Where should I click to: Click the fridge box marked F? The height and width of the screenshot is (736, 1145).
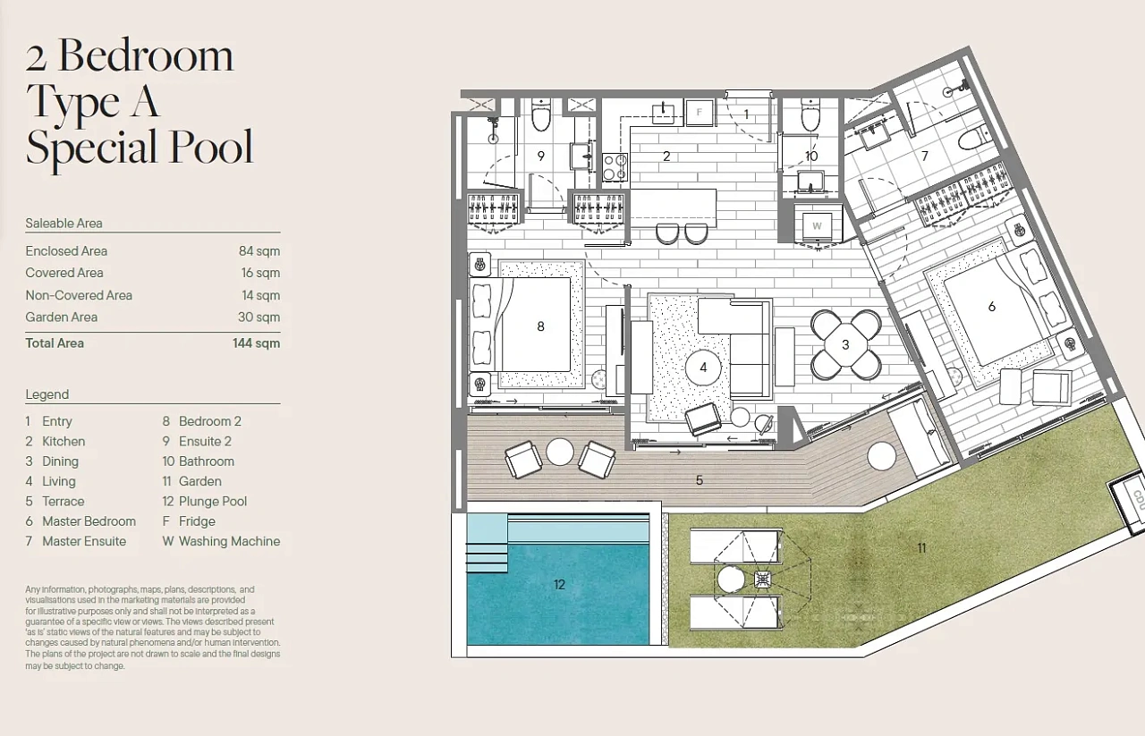pos(700,113)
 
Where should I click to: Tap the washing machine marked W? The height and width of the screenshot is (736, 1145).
pos(817,226)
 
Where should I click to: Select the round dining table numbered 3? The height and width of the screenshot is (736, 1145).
pos(845,344)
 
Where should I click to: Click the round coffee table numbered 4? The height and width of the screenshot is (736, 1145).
pos(703,367)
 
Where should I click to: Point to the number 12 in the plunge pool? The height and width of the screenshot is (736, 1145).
pos(559,584)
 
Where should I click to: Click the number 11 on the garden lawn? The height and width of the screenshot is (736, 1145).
pos(921,548)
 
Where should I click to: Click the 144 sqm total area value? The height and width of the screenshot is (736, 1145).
pos(256,343)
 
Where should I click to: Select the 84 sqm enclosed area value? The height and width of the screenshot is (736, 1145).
pos(259,251)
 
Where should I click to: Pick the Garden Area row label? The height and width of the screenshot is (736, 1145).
pos(62,317)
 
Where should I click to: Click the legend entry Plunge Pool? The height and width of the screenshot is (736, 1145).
pos(213,501)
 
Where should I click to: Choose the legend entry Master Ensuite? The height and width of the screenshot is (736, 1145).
pos(84,541)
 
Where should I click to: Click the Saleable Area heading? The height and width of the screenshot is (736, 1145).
pos(64,223)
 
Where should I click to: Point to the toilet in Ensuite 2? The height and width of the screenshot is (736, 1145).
pos(541,115)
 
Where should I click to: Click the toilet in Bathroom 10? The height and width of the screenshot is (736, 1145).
pos(810,115)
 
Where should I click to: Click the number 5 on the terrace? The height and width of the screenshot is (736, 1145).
pos(700,480)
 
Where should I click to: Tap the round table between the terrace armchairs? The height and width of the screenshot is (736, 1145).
pos(560,452)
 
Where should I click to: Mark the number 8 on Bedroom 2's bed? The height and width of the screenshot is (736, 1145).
pos(540,326)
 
